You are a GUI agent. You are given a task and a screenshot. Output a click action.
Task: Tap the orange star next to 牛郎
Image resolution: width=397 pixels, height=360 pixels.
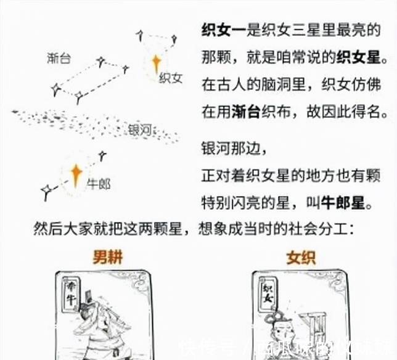(x=76, y=175)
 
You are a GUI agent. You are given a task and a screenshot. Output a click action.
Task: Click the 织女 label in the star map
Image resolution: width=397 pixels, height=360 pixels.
(x=171, y=79)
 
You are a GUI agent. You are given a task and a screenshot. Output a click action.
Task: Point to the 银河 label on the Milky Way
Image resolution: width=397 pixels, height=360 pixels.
(x=141, y=130)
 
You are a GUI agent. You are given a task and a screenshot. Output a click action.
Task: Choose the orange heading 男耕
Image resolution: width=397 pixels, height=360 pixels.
(x=108, y=257)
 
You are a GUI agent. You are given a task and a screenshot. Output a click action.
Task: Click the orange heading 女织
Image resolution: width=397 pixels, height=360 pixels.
(x=301, y=257)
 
